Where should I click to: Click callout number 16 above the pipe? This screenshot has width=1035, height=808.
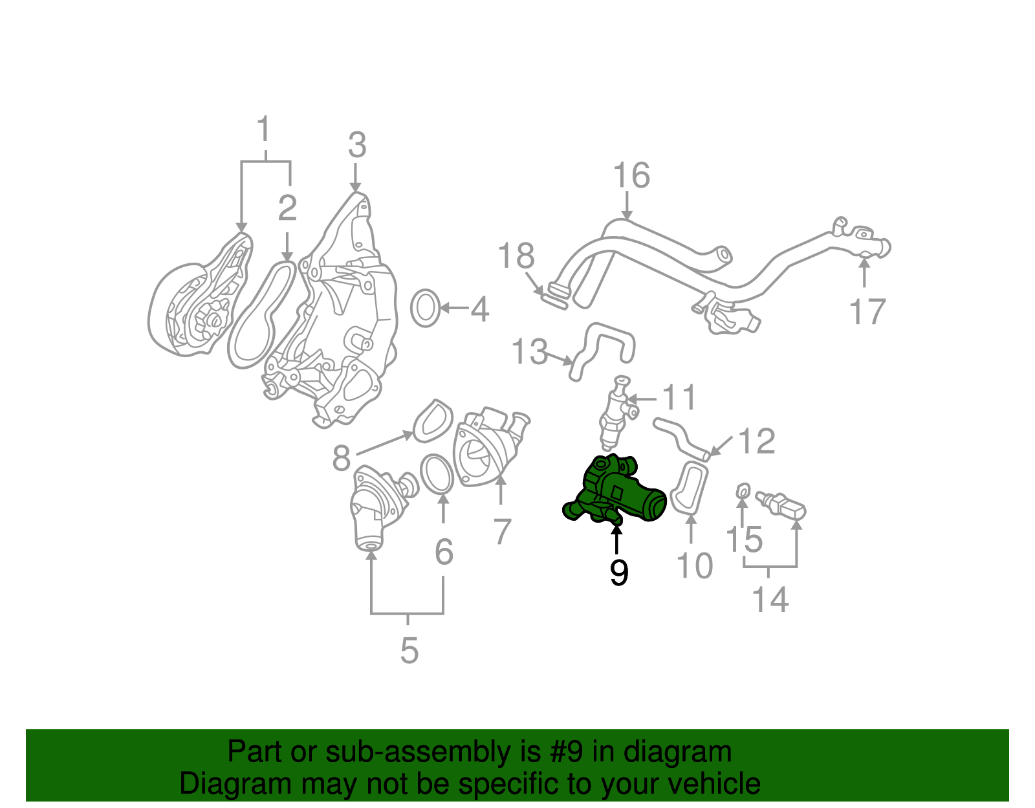(631, 176)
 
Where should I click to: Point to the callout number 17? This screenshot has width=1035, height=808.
(866, 312)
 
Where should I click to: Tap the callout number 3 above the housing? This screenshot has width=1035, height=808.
(356, 146)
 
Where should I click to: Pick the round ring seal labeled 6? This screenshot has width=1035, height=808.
(437, 474)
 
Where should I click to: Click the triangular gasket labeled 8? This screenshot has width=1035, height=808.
(433, 421)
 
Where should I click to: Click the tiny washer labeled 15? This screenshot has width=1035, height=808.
(743, 494)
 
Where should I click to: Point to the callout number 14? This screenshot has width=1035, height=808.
(770, 600)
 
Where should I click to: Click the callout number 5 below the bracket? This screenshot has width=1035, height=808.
(409, 650)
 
